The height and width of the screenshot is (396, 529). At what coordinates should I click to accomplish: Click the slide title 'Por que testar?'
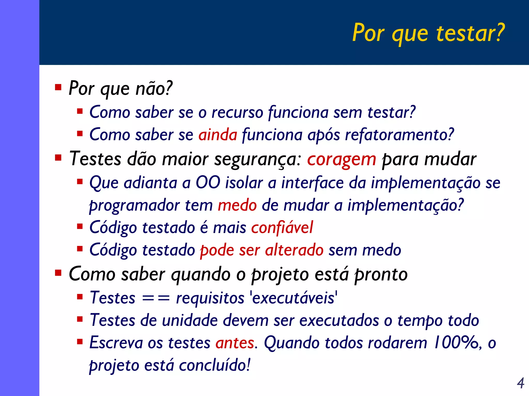pyautogui.click(x=428, y=33)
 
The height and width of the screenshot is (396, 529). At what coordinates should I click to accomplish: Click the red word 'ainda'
pyautogui.click(x=217, y=135)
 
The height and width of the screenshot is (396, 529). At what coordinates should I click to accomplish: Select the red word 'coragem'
pyautogui.click(x=341, y=159)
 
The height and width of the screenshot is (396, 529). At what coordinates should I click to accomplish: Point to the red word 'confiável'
pyautogui.click(x=282, y=228)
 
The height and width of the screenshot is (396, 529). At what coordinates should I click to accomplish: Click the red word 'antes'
pyautogui.click(x=235, y=343)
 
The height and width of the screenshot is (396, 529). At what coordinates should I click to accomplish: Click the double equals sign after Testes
pyautogui.click(x=156, y=298)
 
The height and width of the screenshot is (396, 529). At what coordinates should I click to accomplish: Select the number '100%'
pyautogui.click(x=456, y=343)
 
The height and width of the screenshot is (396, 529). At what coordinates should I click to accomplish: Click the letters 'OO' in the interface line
pyautogui.click(x=208, y=183)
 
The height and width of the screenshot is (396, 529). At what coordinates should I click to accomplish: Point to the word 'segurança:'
pyautogui.click(x=258, y=159)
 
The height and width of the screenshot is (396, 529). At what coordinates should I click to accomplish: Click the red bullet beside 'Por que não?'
pyautogui.click(x=58, y=87)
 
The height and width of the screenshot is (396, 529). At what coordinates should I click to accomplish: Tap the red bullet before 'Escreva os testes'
pyautogui.click(x=80, y=342)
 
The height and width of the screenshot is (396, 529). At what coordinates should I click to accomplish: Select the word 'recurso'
pyautogui.click(x=237, y=112)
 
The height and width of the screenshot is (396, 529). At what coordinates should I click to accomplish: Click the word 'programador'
pyautogui.click(x=134, y=205)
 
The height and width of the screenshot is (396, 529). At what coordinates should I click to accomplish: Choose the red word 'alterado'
pyautogui.click(x=294, y=250)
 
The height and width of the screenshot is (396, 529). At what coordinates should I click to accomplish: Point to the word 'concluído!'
pyautogui.click(x=214, y=365)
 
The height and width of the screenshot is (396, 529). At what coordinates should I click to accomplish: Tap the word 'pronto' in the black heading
pyautogui.click(x=381, y=274)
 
